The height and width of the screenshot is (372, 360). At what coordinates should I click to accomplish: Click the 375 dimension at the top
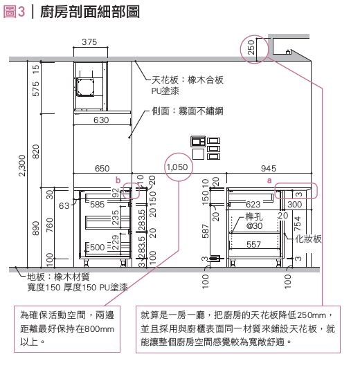click(89, 42)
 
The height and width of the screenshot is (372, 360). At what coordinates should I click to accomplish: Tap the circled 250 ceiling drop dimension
click(251, 47)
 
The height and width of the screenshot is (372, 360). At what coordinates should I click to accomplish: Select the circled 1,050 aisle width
click(177, 167)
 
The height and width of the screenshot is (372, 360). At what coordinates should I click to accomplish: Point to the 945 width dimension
click(269, 169)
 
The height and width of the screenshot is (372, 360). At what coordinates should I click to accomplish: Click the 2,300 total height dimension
click(22, 165)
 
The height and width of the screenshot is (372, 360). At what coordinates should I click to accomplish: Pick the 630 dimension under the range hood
click(101, 120)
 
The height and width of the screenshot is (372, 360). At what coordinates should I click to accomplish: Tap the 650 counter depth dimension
click(102, 169)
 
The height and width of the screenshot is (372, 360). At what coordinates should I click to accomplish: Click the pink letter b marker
click(118, 180)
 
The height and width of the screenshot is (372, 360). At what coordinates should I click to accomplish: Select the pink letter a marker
click(269, 180)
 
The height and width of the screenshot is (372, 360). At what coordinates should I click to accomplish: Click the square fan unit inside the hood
click(85, 87)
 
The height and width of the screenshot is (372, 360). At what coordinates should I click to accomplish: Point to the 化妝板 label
click(308, 239)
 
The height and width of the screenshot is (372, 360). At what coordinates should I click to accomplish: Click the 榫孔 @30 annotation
click(254, 221)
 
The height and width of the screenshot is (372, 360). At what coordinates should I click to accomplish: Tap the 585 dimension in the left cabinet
click(98, 204)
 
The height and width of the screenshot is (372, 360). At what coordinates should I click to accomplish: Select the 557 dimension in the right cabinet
click(253, 244)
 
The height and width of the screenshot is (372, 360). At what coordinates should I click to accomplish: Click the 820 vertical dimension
click(35, 151)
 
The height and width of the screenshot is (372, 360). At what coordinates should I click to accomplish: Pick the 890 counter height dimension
click(35, 228)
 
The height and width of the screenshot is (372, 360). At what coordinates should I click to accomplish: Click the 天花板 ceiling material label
click(187, 85)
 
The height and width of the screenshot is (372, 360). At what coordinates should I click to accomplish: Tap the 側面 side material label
click(188, 111)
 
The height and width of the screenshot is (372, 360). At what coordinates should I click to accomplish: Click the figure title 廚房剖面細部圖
click(90, 12)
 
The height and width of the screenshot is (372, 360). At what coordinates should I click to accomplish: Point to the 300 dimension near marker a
click(294, 204)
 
